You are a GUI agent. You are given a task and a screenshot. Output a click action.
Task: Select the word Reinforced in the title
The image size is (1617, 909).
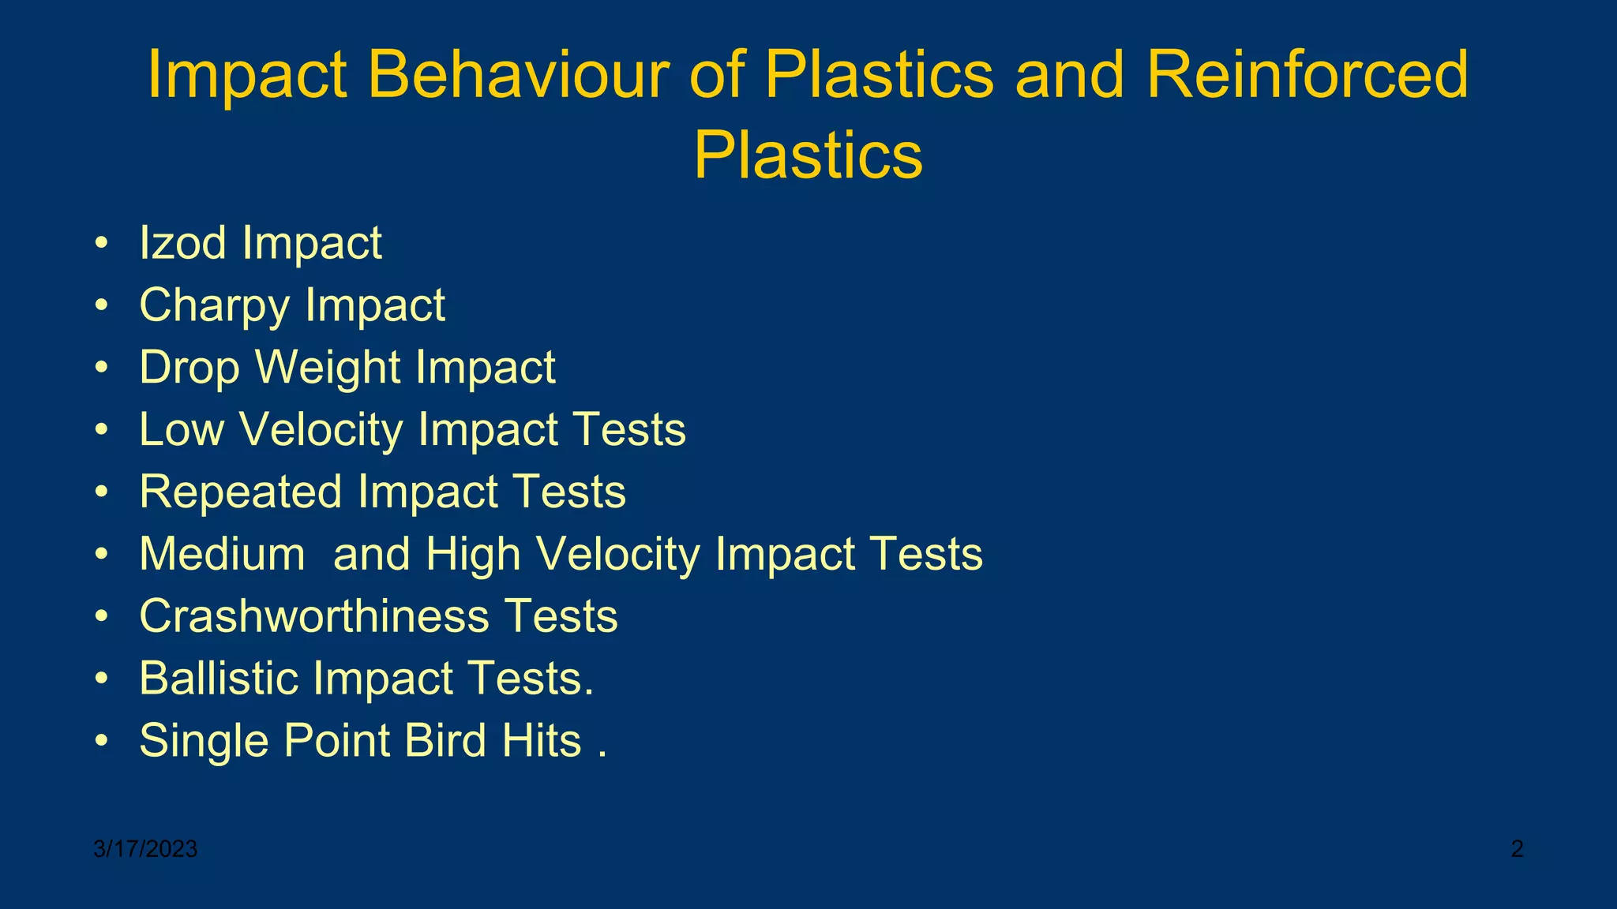[x=1307, y=74]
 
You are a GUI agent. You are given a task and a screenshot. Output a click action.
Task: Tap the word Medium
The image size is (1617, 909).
[x=222, y=554]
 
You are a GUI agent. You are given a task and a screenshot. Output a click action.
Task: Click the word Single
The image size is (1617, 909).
[x=204, y=741]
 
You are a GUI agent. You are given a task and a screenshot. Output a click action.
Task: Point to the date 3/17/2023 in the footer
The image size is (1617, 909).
[x=145, y=849]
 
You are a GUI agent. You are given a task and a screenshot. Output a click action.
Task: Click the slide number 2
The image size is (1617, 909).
[x=1517, y=849]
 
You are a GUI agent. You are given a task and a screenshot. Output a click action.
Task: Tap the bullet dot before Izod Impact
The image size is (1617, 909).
[x=101, y=244]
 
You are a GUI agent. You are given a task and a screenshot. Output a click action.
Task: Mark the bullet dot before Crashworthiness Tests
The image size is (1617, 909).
[x=101, y=618]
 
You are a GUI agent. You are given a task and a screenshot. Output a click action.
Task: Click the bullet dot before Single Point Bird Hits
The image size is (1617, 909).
[x=101, y=743]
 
